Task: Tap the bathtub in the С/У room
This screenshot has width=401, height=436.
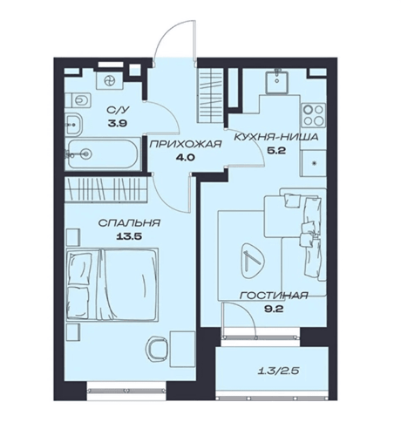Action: pyautogui.click(x=104, y=153)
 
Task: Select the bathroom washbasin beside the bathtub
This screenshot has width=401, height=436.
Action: pyautogui.click(x=73, y=125)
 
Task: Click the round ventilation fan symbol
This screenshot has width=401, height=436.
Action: pyautogui.click(x=111, y=80)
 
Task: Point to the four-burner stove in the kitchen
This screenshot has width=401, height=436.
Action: pyautogui.click(x=313, y=115)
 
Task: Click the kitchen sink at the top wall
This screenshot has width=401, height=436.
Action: pyautogui.click(x=277, y=79)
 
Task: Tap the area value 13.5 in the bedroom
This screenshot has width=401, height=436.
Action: pyautogui.click(x=129, y=236)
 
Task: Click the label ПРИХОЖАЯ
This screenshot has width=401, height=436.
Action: pyautogui.click(x=186, y=144)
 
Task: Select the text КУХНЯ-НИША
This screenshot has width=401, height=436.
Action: pyautogui.click(x=276, y=137)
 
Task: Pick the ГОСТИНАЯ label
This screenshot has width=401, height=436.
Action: pyautogui.click(x=273, y=296)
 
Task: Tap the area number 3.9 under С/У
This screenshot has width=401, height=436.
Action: pyautogui.click(x=118, y=124)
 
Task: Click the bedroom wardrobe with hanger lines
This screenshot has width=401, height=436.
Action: pyautogui.click(x=105, y=188)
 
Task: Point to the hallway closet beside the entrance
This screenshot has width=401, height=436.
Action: pyautogui.click(x=211, y=95)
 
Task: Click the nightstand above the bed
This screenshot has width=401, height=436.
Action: pyautogui.click(x=72, y=237)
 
